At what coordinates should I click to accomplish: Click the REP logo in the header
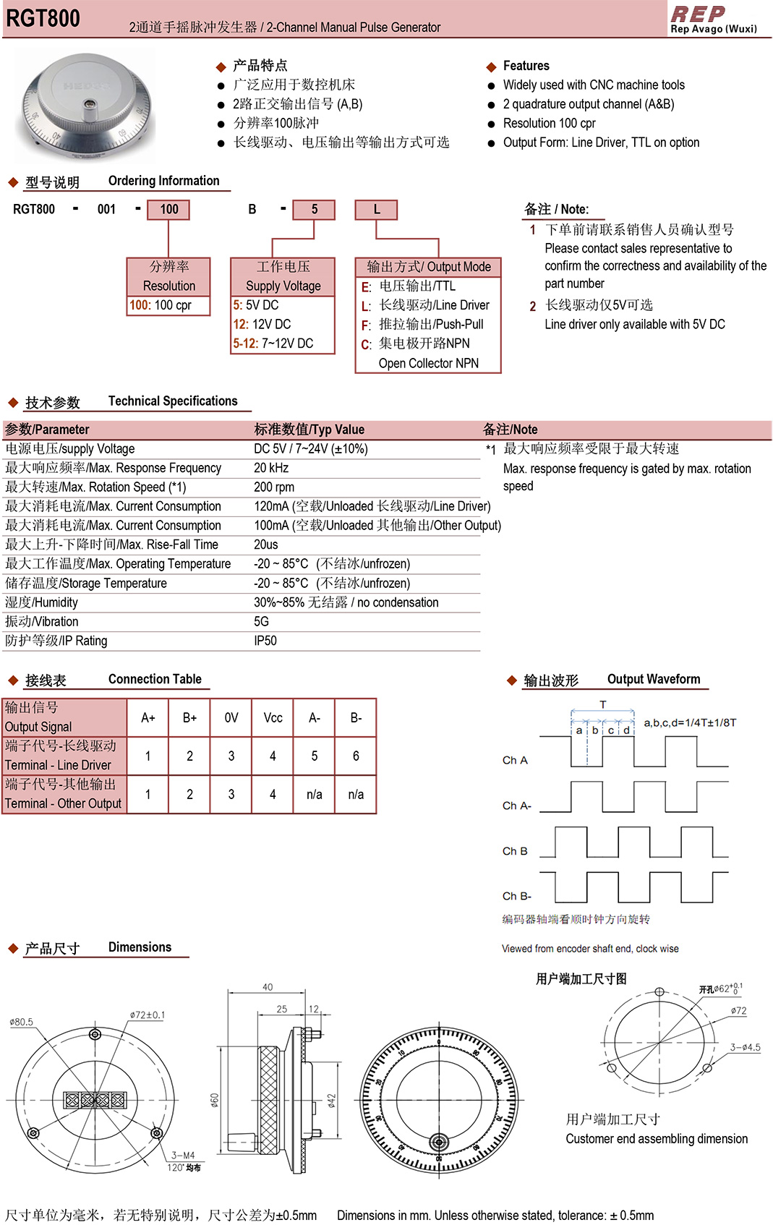(699, 14)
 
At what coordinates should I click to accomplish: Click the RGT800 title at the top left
(43, 19)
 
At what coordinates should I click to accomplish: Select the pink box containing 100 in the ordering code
(168, 210)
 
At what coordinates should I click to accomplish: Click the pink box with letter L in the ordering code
(376, 210)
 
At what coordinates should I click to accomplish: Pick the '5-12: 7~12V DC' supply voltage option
(273, 343)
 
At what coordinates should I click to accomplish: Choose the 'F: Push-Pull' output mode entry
(423, 325)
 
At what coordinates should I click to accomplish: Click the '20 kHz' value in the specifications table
(271, 468)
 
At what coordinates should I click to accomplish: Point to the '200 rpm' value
(274, 487)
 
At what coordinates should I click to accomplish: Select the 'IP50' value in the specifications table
(265, 641)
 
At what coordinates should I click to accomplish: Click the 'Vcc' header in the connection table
(273, 718)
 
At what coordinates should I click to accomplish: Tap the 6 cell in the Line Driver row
(356, 756)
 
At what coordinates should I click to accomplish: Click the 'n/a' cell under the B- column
(356, 795)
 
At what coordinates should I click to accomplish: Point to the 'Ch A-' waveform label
(517, 806)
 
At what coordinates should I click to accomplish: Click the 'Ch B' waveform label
(515, 851)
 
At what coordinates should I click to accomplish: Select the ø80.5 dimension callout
(22, 1022)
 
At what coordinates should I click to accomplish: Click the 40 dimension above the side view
(268, 987)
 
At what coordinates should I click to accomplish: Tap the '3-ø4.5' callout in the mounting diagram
(745, 1047)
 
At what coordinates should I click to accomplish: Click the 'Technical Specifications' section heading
(173, 401)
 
